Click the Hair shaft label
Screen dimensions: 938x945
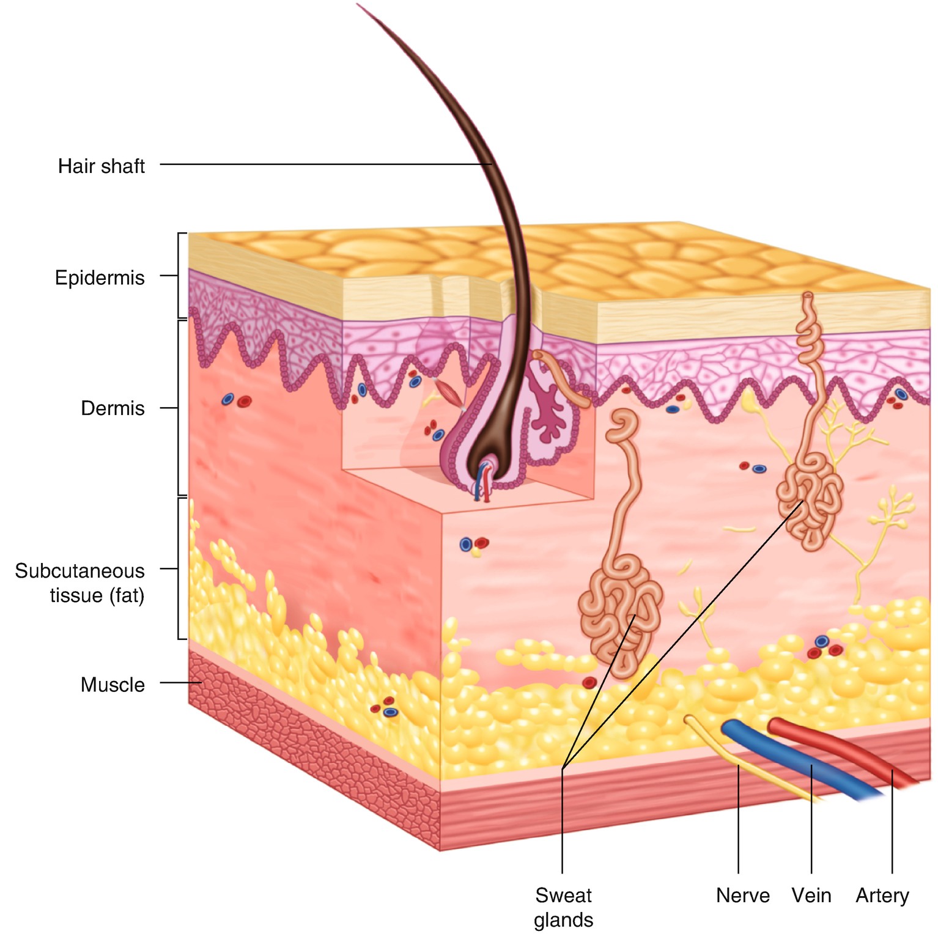101,166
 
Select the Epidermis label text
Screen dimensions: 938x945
100,278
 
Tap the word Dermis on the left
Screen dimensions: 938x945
113,408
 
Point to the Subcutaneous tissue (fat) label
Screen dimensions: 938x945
80,583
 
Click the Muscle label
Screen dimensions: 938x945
113,685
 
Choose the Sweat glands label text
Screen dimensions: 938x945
563,907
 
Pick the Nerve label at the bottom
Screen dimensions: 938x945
742,895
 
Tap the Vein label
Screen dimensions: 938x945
811,895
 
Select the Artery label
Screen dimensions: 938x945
882,895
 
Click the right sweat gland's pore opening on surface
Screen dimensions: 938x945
808,296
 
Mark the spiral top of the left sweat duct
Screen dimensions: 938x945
622,424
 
